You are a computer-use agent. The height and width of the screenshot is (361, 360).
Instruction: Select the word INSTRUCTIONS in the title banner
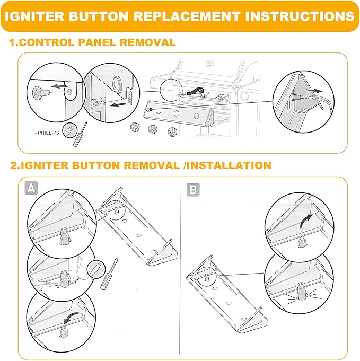[304, 16]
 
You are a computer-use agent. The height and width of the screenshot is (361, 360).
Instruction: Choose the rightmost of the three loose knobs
[172, 133]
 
